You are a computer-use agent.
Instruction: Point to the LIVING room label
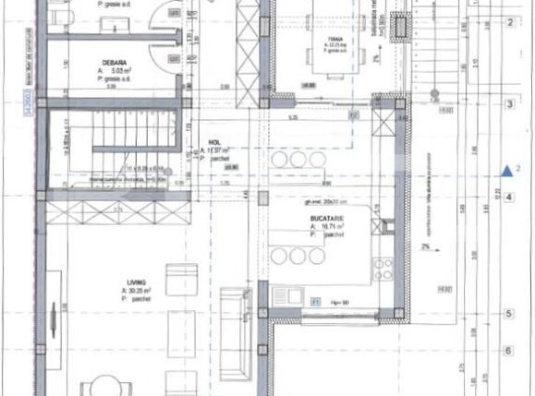(137, 283)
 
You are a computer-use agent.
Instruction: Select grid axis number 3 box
(509, 104)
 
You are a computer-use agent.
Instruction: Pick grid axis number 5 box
(509, 315)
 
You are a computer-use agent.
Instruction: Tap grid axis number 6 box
(509, 351)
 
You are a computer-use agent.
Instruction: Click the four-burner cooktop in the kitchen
(383, 269)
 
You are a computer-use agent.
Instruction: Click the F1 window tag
(316, 301)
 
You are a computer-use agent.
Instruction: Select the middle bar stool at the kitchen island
(297, 256)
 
